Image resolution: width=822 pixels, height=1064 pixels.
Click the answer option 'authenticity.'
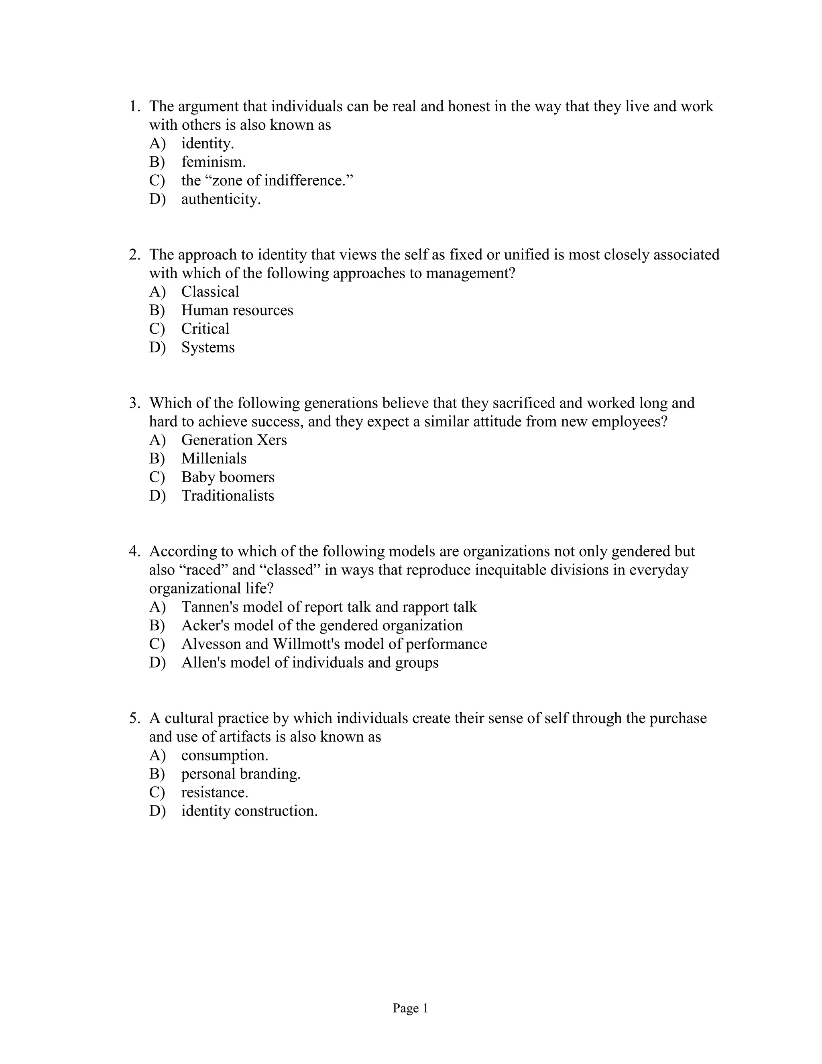pyautogui.click(x=221, y=199)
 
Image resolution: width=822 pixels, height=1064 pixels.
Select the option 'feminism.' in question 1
pyautogui.click(x=213, y=162)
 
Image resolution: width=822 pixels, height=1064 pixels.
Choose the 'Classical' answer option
pyautogui.click(x=210, y=292)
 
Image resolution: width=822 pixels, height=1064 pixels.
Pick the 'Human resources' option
pyautogui.click(x=237, y=310)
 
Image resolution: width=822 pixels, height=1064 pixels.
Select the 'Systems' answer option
pyautogui.click(x=208, y=347)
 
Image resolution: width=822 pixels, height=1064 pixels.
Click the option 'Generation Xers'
pyautogui.click(x=234, y=440)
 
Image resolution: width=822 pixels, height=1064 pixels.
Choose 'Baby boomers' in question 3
pyautogui.click(x=228, y=477)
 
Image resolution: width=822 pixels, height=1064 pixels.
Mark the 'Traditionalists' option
pyautogui.click(x=228, y=496)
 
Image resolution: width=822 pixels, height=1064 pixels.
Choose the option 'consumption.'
pyautogui.click(x=224, y=756)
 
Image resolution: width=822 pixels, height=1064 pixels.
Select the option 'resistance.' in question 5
pyautogui.click(x=214, y=793)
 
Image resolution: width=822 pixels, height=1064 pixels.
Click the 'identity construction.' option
pyautogui.click(x=249, y=811)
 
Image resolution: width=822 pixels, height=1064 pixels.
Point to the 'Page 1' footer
pyautogui.click(x=410, y=1009)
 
